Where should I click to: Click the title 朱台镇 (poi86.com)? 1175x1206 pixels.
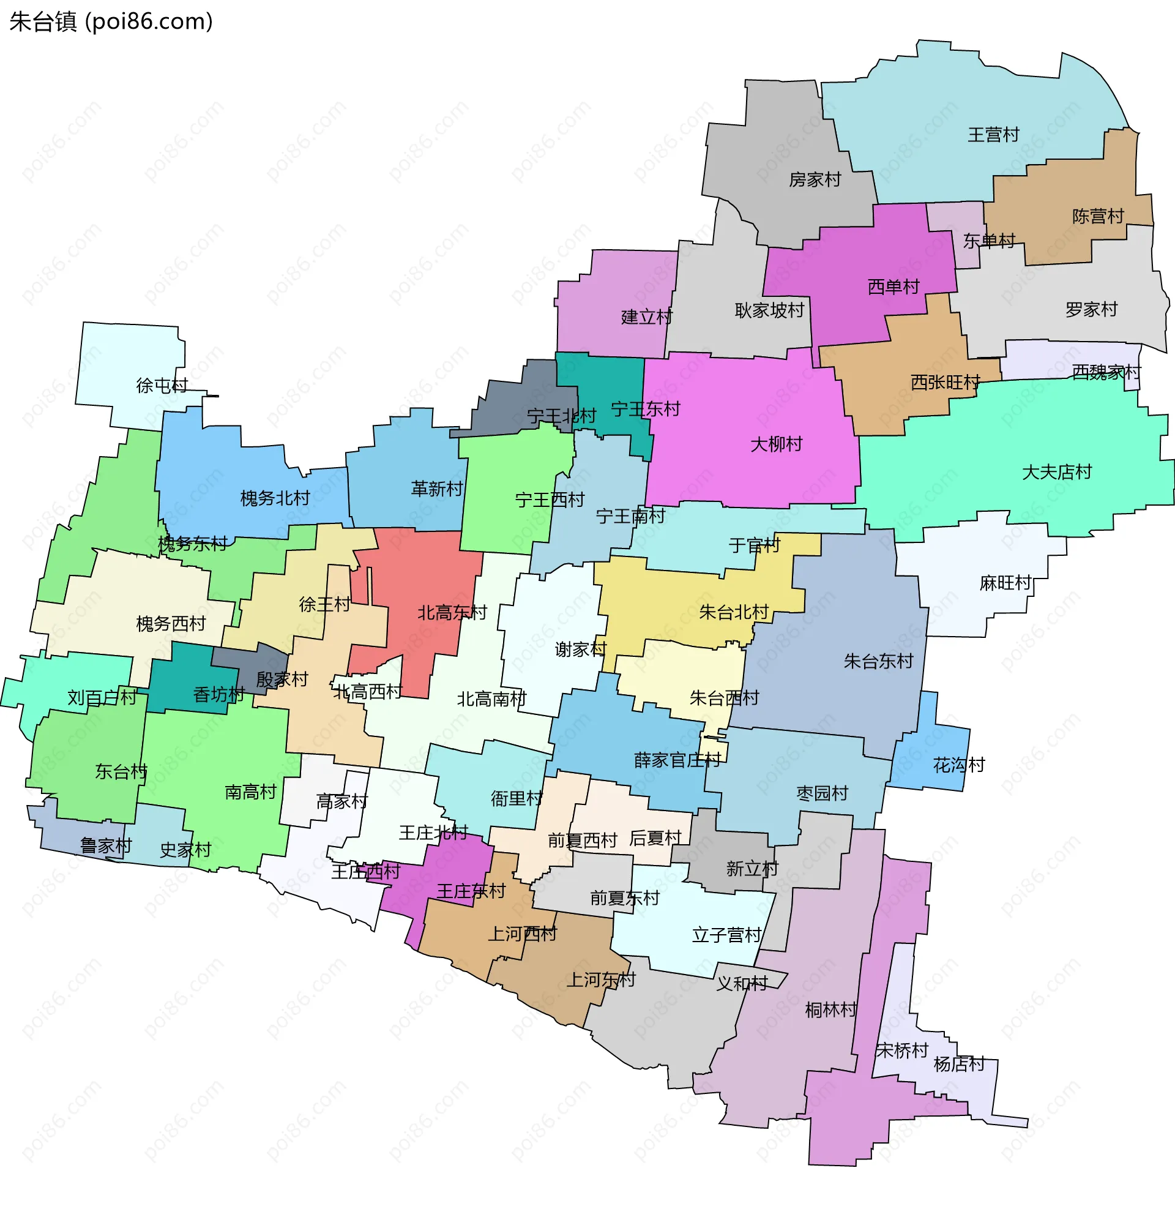111,21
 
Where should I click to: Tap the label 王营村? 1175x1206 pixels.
993,135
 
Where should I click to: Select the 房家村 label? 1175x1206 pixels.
815,179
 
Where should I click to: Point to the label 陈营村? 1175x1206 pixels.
1098,217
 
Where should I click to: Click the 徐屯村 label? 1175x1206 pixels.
162,386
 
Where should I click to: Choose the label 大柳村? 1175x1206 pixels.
777,444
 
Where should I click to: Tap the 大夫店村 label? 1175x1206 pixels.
1056,472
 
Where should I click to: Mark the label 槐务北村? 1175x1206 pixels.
275,498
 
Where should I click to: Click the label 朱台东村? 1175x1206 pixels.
878,662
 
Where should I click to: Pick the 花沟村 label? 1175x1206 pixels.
959,765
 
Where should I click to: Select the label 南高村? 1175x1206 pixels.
250,792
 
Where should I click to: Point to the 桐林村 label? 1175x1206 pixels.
830,1010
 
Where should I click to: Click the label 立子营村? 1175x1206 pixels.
726,935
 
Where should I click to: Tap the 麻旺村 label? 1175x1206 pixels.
1005,583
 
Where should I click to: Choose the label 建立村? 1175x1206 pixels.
646,317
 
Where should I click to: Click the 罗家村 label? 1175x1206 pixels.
1091,309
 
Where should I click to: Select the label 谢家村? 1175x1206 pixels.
580,650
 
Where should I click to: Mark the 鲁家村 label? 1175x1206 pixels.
106,845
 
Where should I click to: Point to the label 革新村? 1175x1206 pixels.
437,489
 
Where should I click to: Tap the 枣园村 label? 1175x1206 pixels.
822,793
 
